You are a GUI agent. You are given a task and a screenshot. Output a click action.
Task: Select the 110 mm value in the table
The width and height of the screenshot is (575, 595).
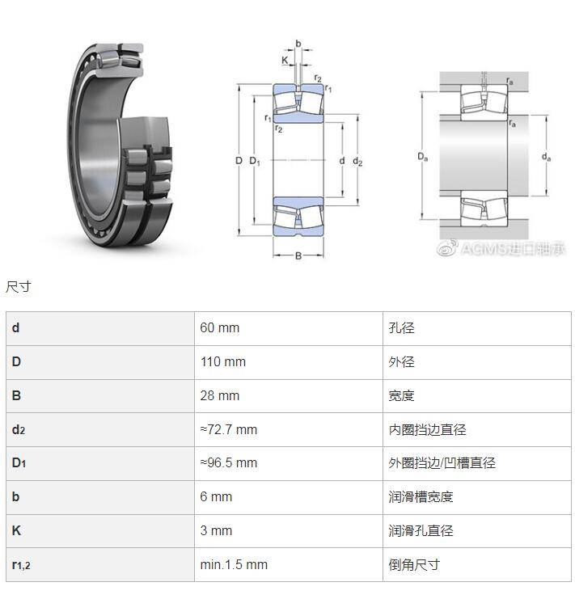[222, 361]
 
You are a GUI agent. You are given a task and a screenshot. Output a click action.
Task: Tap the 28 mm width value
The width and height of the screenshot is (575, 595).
[220, 396]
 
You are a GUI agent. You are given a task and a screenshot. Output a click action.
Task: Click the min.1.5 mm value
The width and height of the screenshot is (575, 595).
[234, 564]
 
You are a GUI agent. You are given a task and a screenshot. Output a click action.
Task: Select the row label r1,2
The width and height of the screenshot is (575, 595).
[21, 565]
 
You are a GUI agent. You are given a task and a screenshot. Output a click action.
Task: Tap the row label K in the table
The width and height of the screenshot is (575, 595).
[16, 530]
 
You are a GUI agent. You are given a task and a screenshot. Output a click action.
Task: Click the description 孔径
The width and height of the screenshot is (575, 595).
[401, 328]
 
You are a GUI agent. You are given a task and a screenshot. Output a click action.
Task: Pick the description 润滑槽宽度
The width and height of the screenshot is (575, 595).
[421, 496]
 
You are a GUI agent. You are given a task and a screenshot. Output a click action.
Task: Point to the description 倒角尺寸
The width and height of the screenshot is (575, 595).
[414, 564]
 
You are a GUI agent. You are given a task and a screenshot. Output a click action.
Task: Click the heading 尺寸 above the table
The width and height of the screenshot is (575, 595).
[19, 287]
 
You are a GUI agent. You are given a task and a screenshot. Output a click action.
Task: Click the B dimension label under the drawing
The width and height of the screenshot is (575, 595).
[298, 255]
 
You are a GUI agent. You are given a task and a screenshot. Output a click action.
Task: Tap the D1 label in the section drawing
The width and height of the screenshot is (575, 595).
[255, 161]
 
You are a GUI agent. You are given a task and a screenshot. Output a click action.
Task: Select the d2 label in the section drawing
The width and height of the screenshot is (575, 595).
[357, 162]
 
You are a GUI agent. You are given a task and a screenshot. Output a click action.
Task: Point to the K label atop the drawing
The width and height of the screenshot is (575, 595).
[285, 60]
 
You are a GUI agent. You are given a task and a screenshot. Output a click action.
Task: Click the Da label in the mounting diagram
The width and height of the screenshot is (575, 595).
[422, 156]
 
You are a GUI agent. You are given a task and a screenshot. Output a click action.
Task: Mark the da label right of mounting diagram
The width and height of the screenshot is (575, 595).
[546, 156]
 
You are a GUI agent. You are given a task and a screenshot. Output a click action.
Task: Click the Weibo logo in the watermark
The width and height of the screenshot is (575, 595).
[447, 248]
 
